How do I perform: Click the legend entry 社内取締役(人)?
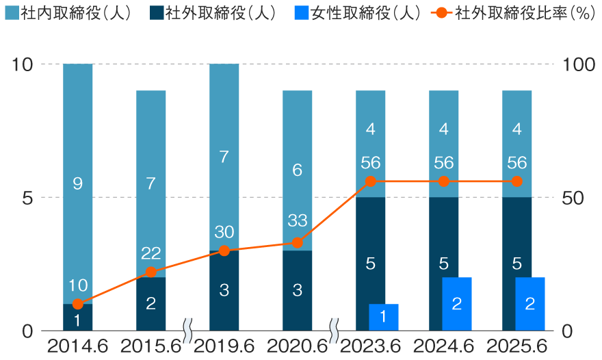[x=68, y=13]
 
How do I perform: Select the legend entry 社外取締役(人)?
[x=213, y=13]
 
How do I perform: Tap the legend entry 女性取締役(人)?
[x=357, y=13]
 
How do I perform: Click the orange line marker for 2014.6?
[x=78, y=304]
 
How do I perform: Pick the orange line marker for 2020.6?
[x=297, y=243]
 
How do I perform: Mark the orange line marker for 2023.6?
[x=371, y=181]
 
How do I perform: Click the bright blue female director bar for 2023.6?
[x=384, y=318]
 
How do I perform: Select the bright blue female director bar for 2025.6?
[x=529, y=304]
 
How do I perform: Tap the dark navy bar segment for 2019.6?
[x=224, y=291]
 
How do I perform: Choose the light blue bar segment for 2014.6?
[x=78, y=183]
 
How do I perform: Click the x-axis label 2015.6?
[x=150, y=347]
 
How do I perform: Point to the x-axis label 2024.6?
[x=443, y=347]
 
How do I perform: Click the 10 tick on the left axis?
[x=23, y=64]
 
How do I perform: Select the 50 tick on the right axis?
[x=573, y=198]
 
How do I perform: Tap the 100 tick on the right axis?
[x=579, y=64]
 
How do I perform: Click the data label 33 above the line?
[x=298, y=220]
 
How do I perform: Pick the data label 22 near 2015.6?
[x=151, y=253]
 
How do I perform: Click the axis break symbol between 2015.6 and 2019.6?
[x=187, y=331]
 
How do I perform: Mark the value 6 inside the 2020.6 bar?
[x=297, y=170]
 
